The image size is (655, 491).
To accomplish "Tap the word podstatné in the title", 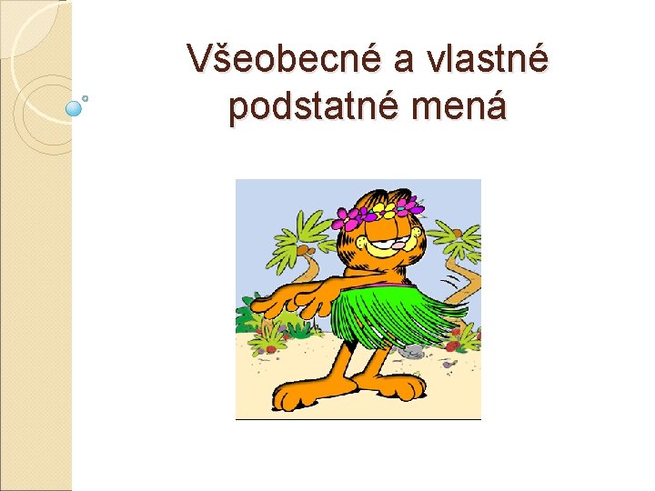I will [x=317, y=108].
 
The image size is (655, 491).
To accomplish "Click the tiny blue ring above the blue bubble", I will [x=86, y=96].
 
